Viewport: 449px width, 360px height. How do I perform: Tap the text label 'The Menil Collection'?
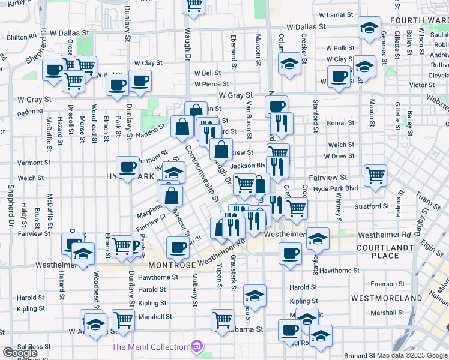coord(150,347)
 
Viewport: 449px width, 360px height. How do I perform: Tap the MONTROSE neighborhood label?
coord(172,265)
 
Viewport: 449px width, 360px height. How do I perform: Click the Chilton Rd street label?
coord(19,37)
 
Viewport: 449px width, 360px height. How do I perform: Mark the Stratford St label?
coord(372,206)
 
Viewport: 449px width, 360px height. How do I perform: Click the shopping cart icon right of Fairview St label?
coord(375,176)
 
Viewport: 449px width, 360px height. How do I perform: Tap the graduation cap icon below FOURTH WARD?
coord(369,27)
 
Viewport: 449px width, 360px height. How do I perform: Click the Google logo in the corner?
coord(20,352)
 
